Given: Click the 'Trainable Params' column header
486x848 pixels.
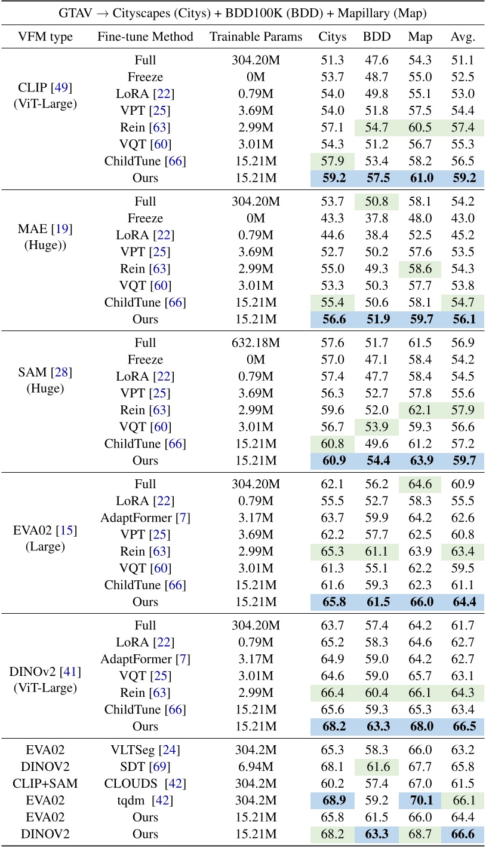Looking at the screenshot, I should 256,37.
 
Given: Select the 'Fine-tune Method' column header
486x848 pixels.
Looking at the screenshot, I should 145,37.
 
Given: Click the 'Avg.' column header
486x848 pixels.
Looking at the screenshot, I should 463,37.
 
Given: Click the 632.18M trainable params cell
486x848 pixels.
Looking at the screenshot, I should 256,343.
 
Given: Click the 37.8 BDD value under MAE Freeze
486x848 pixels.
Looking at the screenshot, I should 376,219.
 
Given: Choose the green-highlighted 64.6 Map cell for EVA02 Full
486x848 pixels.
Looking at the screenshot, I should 420,484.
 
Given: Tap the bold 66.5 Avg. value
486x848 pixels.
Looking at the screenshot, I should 463,727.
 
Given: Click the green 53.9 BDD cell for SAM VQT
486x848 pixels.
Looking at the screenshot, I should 376,427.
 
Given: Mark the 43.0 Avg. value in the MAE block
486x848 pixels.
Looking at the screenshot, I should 463,219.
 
